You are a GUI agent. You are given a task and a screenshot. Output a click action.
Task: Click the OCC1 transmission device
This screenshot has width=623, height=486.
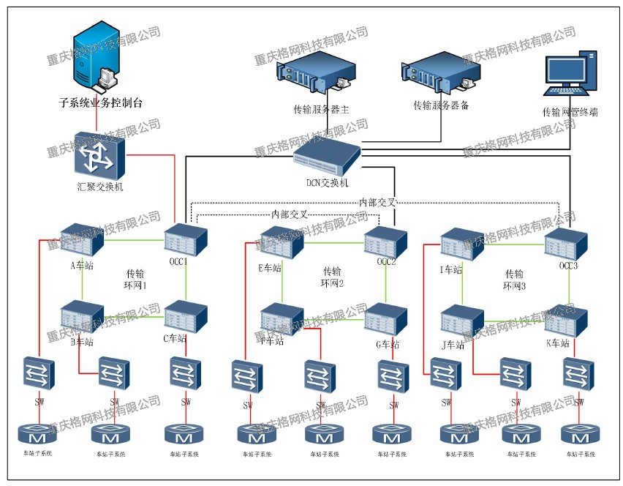coord(185,239)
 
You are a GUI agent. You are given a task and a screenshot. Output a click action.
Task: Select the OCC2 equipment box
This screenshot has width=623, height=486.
coord(385,241)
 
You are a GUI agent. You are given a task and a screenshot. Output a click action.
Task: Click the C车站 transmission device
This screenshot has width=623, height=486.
coord(185,316)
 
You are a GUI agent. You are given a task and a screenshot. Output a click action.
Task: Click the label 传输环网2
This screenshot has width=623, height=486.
coord(331,277)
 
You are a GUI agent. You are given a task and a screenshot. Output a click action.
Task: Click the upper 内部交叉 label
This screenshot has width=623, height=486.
coord(378,201)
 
